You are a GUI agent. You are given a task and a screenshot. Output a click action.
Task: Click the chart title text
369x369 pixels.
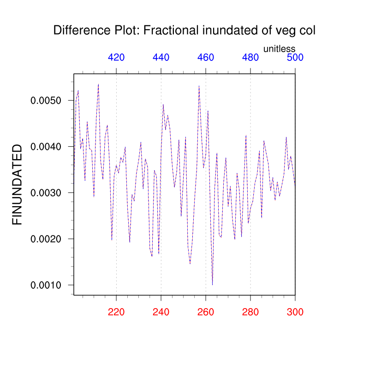coord(184,30)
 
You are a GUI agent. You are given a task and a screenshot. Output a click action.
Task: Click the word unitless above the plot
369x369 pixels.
coord(279,48)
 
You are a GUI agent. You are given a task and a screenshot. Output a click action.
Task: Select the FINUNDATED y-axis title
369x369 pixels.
coord(17,184)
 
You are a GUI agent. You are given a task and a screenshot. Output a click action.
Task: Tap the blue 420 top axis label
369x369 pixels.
coord(116,57)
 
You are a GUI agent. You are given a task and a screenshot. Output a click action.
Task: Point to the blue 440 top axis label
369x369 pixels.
coord(161,57)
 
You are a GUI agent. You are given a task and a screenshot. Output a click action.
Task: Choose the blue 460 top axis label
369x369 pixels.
coord(206,57)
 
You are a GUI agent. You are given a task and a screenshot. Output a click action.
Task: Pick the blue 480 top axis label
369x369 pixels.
coord(250,57)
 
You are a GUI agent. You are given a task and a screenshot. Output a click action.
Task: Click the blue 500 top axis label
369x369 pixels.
coord(295,57)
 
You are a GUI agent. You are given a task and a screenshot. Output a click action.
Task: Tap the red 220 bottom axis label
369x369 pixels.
coord(116,312)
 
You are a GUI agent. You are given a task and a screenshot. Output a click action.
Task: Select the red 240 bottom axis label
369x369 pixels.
coord(161,312)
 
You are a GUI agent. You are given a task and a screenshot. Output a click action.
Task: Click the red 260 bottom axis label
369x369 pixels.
coord(206,312)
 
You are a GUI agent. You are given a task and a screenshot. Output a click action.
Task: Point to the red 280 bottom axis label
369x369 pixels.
coord(250,312)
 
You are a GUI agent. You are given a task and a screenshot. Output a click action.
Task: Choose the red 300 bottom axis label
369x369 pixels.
coord(295,312)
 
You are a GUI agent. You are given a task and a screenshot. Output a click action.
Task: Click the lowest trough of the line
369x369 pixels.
coord(212,285)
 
